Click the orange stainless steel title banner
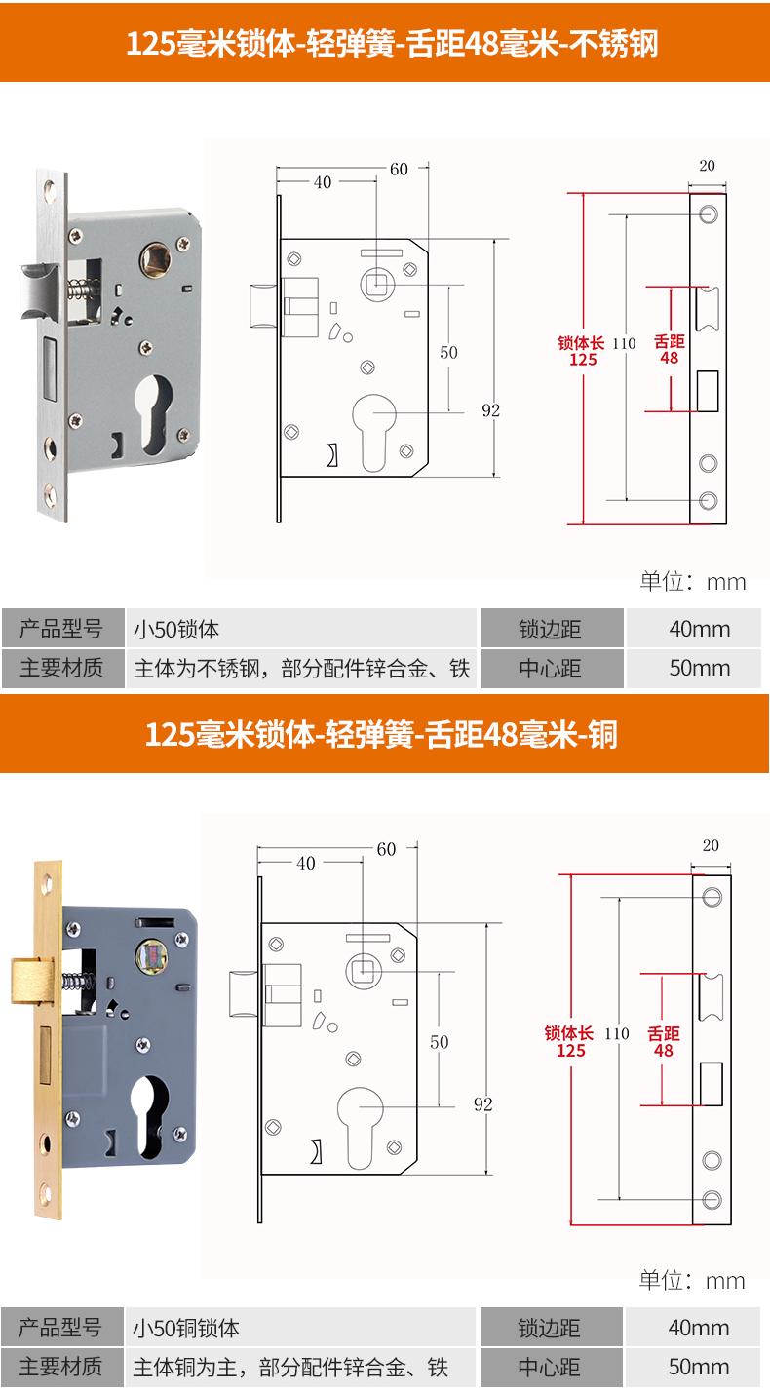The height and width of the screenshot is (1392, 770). tap(385, 42)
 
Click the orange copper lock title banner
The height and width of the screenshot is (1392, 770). tap(385, 734)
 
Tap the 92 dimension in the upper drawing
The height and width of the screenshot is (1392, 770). tap(491, 410)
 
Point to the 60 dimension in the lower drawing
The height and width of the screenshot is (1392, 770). tap(386, 849)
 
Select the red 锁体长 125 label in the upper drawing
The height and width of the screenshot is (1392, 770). tap(581, 351)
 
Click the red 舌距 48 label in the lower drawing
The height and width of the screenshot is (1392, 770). tap(663, 1041)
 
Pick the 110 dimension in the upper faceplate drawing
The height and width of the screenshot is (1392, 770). tap(624, 344)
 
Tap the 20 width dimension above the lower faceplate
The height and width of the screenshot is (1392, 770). tap(711, 845)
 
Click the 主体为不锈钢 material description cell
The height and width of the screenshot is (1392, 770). tap(301, 669)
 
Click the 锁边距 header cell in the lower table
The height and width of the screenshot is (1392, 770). tap(552, 1328)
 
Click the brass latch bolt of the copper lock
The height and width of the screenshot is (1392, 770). tap(31, 982)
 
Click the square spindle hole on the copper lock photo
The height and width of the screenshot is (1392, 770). tap(151, 955)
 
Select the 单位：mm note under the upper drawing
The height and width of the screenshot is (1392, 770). tap(692, 582)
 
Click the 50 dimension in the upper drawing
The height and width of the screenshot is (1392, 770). tap(448, 352)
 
